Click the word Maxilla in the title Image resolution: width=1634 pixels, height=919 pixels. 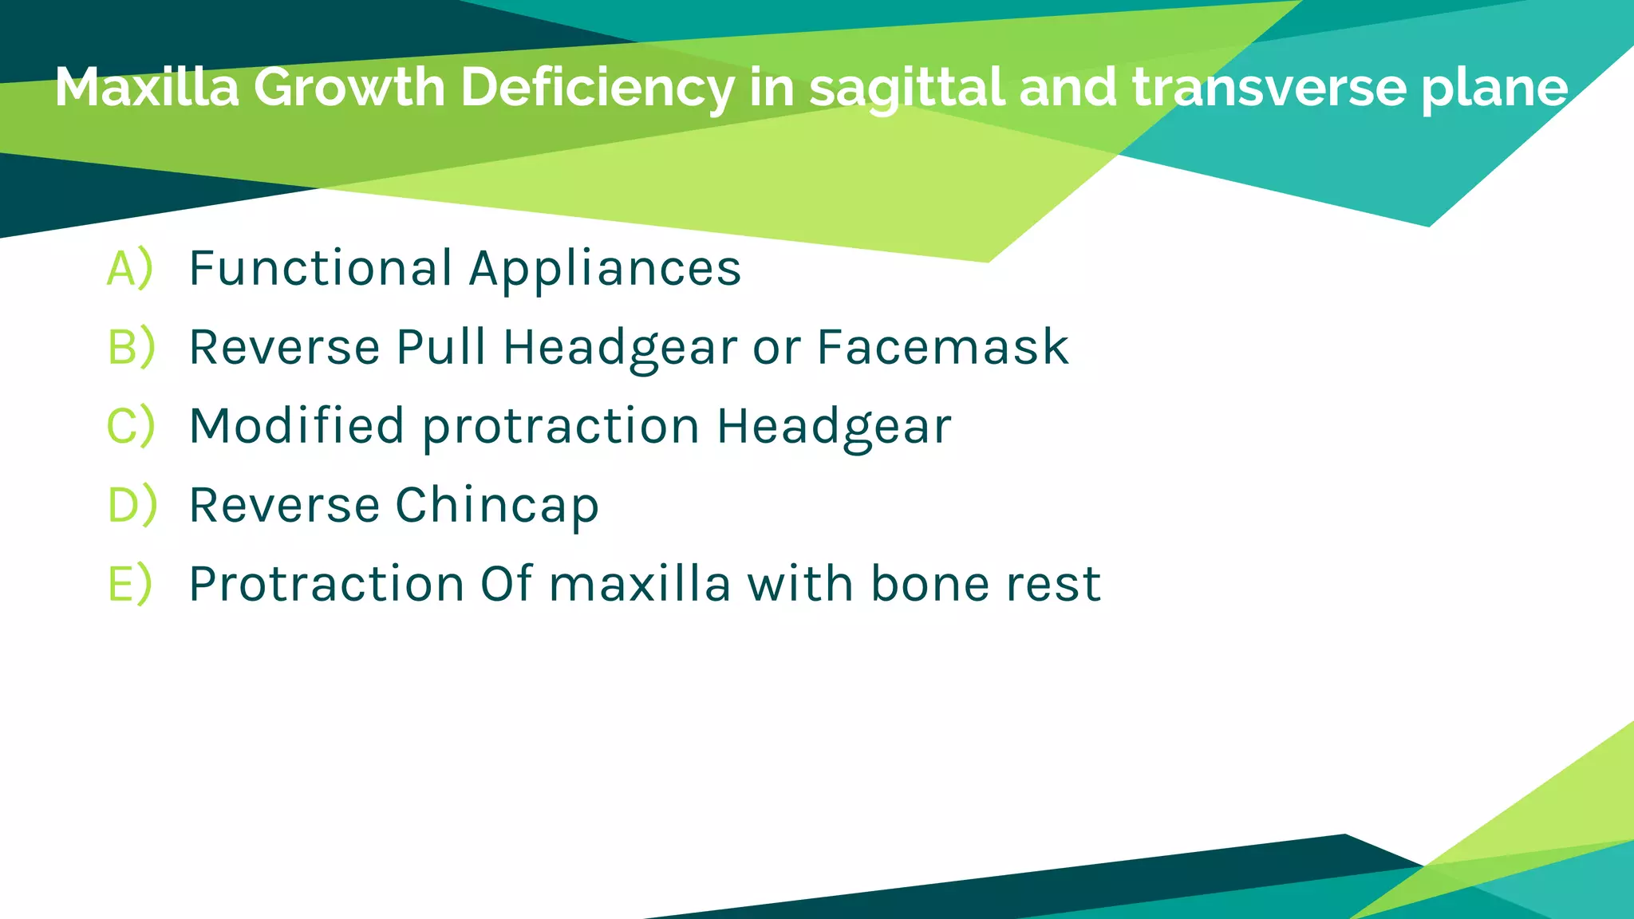coord(147,87)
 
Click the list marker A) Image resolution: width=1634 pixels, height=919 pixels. coord(129,268)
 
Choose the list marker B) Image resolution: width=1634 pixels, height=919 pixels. coord(131,347)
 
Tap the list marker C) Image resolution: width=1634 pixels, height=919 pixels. coord(130,426)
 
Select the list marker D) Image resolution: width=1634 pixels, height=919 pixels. coord(132,505)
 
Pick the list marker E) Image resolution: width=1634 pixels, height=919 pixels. coord(129,584)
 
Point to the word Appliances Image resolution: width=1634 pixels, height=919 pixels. coord(605,270)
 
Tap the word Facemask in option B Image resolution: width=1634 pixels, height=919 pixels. coord(942,347)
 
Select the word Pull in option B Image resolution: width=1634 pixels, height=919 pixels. coord(440,347)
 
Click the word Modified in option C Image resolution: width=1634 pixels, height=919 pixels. coord(297,426)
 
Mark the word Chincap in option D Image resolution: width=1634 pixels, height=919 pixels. coord(497,507)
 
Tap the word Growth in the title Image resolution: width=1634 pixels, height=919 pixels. coord(349,87)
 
